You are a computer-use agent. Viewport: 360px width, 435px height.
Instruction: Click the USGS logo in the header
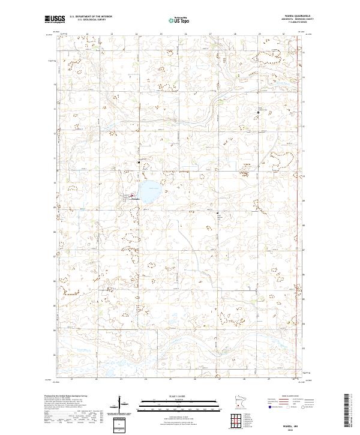55,19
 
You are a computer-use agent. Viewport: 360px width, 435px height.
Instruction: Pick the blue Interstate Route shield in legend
267,406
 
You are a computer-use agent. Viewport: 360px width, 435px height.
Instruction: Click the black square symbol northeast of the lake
259,112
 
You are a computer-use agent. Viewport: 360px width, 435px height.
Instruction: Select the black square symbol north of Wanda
139,163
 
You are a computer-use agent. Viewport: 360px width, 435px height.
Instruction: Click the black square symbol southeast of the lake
217,212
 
